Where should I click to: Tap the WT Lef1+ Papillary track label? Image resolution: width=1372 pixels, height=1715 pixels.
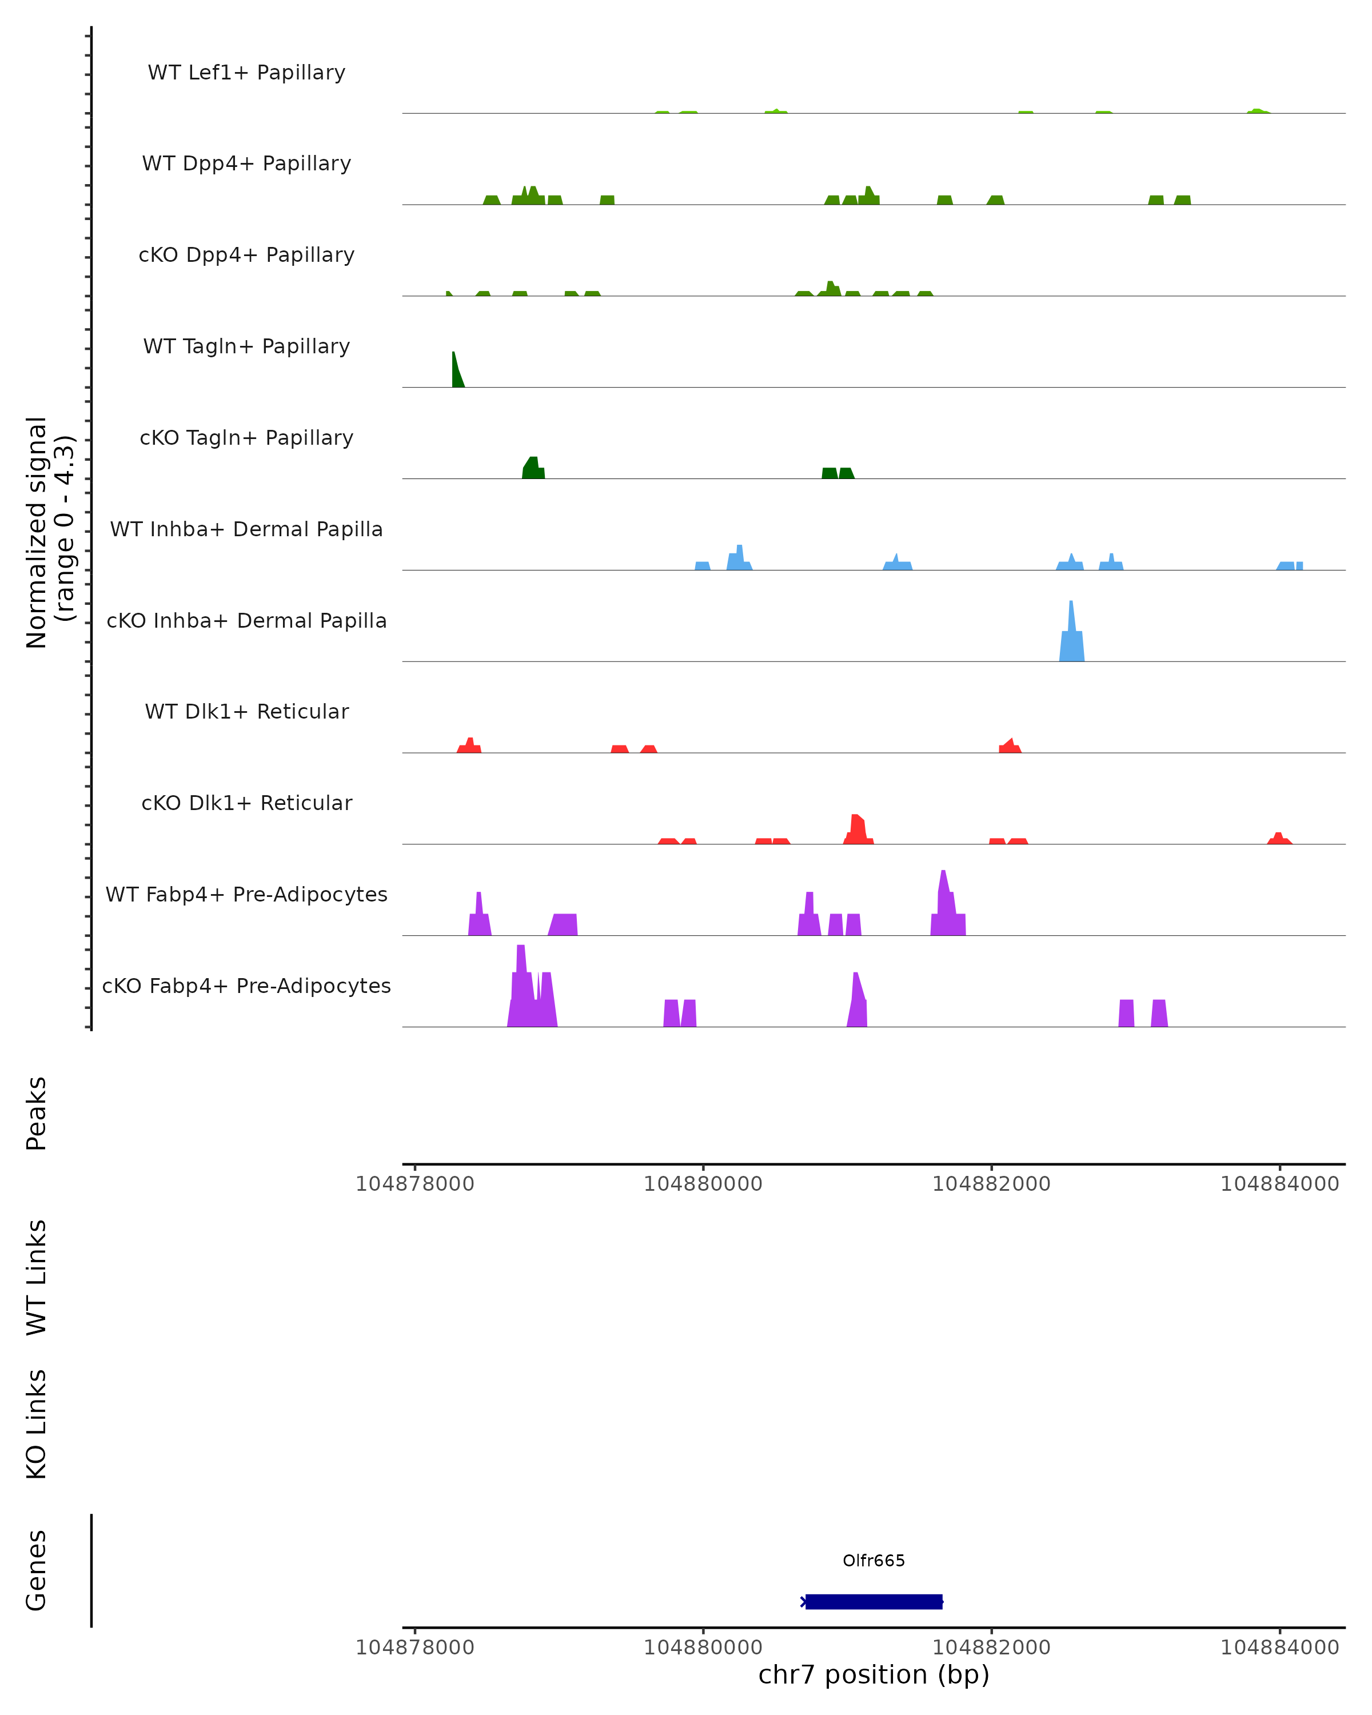[x=246, y=73]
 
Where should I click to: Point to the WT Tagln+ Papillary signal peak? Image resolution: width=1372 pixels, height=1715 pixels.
[x=457, y=372]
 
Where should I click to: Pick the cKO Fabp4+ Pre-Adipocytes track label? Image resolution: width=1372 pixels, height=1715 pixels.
[x=246, y=986]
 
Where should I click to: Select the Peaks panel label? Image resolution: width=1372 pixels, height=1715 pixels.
[x=37, y=1113]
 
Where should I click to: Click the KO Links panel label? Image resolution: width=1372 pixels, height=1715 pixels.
[x=37, y=1424]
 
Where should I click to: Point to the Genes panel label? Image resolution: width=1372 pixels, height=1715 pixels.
[x=37, y=1569]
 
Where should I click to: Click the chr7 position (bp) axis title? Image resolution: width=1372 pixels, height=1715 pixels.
[x=874, y=1674]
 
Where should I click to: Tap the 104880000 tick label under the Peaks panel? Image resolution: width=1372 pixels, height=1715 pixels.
[x=703, y=1184]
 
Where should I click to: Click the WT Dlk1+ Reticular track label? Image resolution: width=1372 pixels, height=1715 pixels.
[x=246, y=711]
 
